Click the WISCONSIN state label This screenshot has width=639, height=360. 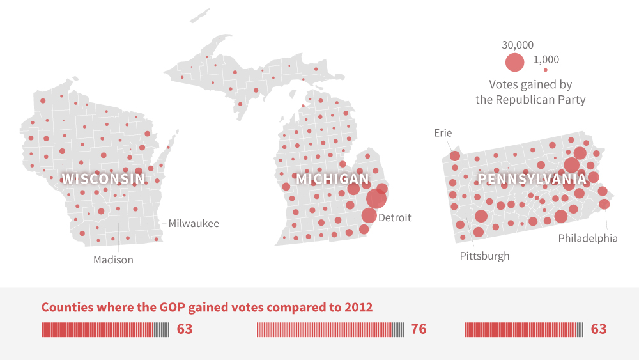103,179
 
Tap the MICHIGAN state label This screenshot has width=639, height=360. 332,180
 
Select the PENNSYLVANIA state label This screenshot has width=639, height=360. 532,180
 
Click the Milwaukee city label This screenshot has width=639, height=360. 194,224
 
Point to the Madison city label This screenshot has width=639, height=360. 113,260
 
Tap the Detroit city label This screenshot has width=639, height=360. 395,218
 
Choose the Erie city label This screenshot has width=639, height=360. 443,133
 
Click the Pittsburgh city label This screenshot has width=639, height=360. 484,256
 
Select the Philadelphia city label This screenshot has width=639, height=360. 588,239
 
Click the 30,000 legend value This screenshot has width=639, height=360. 518,45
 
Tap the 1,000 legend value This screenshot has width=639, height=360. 546,59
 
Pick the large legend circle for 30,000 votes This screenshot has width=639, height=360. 514,62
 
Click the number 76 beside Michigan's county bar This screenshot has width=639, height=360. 419,329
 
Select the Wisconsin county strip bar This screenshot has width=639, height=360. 105,329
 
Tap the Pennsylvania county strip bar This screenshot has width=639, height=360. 524,329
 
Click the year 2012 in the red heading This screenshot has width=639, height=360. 359,307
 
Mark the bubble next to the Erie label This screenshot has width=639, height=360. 454,156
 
